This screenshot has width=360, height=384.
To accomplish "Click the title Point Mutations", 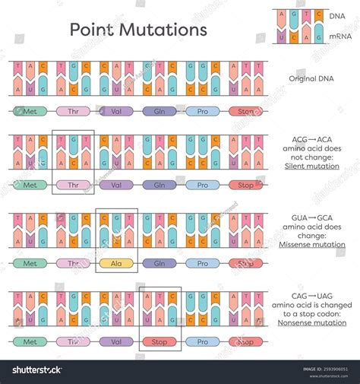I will (x=138, y=30).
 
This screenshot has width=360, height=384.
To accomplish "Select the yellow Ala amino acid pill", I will (x=116, y=264).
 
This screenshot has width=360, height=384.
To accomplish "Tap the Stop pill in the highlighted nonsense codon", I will (x=159, y=342).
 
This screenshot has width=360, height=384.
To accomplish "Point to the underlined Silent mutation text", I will (x=314, y=166).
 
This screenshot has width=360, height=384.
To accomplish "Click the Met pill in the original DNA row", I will (x=30, y=111).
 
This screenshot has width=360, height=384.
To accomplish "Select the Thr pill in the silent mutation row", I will (x=73, y=185).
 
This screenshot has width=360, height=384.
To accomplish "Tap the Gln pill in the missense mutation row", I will (x=159, y=264).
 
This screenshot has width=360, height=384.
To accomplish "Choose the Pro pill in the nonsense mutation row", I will (x=203, y=342).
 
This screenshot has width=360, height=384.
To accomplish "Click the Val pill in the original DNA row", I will (x=116, y=111).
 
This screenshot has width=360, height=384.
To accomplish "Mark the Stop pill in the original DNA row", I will (x=246, y=111).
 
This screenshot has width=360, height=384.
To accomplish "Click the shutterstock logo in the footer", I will (x=34, y=370).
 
